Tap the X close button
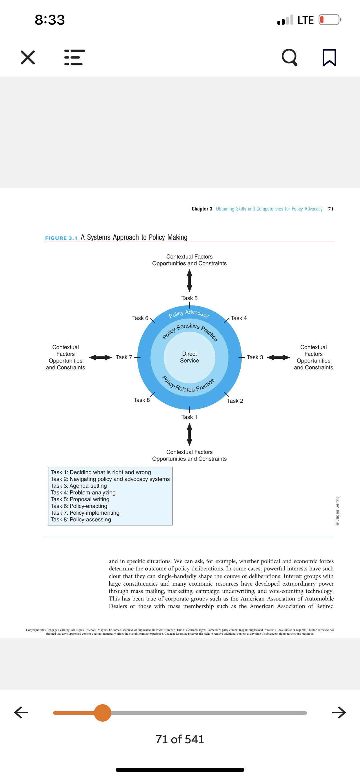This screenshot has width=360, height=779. (x=28, y=57)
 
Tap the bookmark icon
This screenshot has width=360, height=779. (x=329, y=57)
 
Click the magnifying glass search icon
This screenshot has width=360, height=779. (x=290, y=57)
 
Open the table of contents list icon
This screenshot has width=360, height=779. (x=75, y=57)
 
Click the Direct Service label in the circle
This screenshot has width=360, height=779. (x=189, y=357)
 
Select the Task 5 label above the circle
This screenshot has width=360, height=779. (x=189, y=298)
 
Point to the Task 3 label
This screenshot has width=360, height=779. (x=255, y=357)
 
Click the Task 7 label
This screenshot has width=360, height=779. (x=124, y=357)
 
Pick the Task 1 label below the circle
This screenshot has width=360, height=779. (x=189, y=417)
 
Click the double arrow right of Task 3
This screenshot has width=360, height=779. (x=278, y=357)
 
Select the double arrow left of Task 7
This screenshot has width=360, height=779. (x=101, y=357)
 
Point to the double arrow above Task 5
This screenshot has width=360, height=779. (x=189, y=281)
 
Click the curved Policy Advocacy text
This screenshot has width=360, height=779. (x=189, y=313)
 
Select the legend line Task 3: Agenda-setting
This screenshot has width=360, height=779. (x=79, y=486)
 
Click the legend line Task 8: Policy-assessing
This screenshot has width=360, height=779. (x=81, y=520)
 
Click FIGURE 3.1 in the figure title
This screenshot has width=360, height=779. (x=61, y=238)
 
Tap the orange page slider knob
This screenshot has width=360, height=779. (x=103, y=713)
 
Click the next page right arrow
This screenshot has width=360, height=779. (x=339, y=712)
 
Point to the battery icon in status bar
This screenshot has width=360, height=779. (x=330, y=20)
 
